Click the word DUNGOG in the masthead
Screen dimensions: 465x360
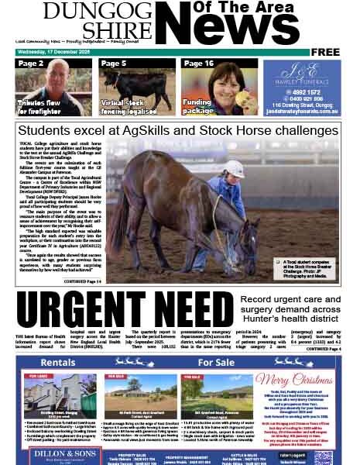96,11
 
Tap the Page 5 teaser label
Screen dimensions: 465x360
114,64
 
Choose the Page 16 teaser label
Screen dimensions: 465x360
199,64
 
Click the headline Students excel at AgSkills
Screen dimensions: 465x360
179,129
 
